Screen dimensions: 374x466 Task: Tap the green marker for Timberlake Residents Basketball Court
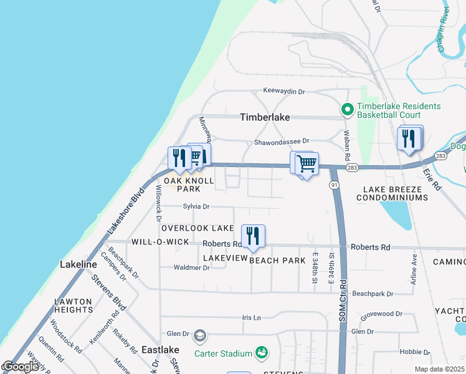(348, 110)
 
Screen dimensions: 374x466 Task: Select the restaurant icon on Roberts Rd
(253, 236)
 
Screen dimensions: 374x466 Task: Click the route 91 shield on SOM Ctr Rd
(335, 185)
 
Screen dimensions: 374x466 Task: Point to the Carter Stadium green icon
(262, 353)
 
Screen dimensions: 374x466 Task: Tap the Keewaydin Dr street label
(283, 91)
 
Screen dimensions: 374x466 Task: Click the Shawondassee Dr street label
(281, 142)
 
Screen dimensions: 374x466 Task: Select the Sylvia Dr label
(196, 206)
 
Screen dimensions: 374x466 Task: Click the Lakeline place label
(78, 264)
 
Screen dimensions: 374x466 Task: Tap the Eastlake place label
(160, 350)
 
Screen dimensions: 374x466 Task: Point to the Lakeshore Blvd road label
(126, 211)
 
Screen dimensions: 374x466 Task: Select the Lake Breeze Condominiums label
(392, 193)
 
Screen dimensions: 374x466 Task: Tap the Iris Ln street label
(251, 317)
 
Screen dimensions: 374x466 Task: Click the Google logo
(19, 367)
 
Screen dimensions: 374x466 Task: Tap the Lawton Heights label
(74, 305)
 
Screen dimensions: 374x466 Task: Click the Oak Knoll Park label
(189, 185)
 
